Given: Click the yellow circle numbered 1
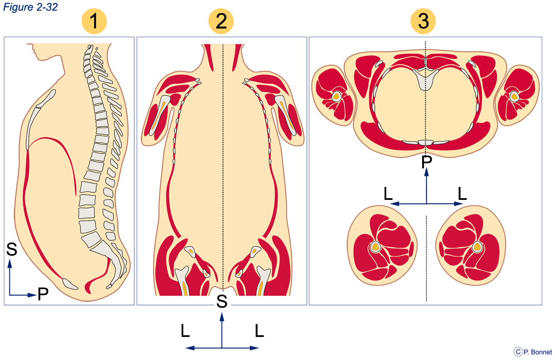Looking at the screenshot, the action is [x=94, y=21].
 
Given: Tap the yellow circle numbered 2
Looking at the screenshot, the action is [x=221, y=21].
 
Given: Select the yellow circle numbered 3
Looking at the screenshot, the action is [x=423, y=21].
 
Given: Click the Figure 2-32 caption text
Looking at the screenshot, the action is [x=30, y=7].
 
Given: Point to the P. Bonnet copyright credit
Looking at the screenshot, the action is [x=533, y=352].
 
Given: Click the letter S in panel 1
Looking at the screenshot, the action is [x=12, y=249].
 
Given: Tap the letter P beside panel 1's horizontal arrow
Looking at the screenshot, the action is [x=43, y=294].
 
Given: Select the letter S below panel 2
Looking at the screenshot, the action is [x=222, y=301].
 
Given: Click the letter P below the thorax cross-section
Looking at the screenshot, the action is [x=427, y=162].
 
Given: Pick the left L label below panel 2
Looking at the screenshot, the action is [x=185, y=331].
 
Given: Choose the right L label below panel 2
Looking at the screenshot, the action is [x=259, y=331].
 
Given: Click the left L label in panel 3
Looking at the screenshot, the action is [x=388, y=193].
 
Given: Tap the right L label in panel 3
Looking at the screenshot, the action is [x=462, y=193].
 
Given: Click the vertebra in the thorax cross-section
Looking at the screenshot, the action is [x=425, y=77].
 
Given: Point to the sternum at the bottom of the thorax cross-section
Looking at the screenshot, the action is [x=426, y=143].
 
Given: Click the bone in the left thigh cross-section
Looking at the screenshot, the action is [x=376, y=247].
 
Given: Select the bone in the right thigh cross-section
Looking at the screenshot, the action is [x=477, y=247].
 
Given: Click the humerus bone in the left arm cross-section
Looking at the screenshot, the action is [x=336, y=97].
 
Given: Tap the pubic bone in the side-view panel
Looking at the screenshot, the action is [x=70, y=284].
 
